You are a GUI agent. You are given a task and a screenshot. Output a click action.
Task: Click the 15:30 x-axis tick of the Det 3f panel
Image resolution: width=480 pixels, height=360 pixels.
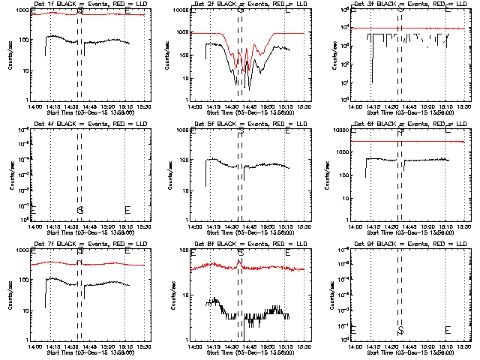pyautogui.click(x=464, y=106)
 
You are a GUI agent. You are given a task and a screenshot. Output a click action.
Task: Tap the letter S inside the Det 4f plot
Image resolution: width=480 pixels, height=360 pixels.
pyautogui.click(x=79, y=209)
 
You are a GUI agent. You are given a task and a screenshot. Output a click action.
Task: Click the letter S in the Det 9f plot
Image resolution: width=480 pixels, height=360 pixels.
pyautogui.click(x=400, y=330)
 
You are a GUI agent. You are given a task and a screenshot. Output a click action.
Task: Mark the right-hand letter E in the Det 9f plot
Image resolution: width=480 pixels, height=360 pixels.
pyautogui.click(x=448, y=330)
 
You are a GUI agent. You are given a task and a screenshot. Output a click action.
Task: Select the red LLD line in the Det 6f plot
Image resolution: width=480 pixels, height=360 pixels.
pyautogui.click(x=420, y=141)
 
